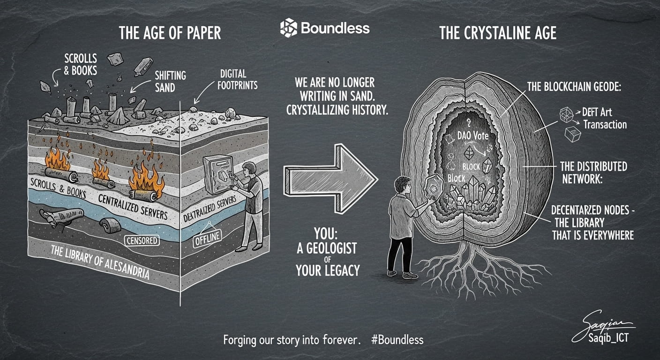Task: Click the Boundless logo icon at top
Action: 288,28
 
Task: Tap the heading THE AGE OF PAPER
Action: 170,33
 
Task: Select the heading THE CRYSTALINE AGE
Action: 498,33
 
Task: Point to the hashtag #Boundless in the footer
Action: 397,339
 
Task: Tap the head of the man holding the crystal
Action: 403,186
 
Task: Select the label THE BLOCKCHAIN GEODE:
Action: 574,87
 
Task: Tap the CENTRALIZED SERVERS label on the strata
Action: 133,207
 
